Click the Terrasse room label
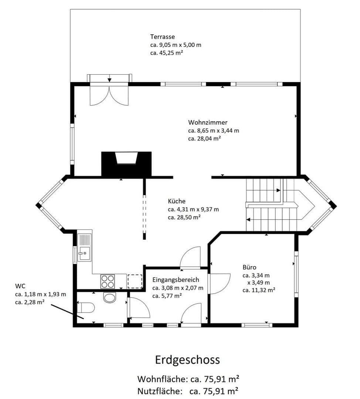(x=162, y=37)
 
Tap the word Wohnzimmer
(x=208, y=122)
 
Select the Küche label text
(x=176, y=201)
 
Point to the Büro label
(x=249, y=267)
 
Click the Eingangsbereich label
(x=176, y=280)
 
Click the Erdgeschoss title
(x=187, y=359)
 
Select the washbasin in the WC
(x=110, y=297)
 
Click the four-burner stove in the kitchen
(x=108, y=282)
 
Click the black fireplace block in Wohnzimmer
(x=126, y=164)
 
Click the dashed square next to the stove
(x=135, y=281)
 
